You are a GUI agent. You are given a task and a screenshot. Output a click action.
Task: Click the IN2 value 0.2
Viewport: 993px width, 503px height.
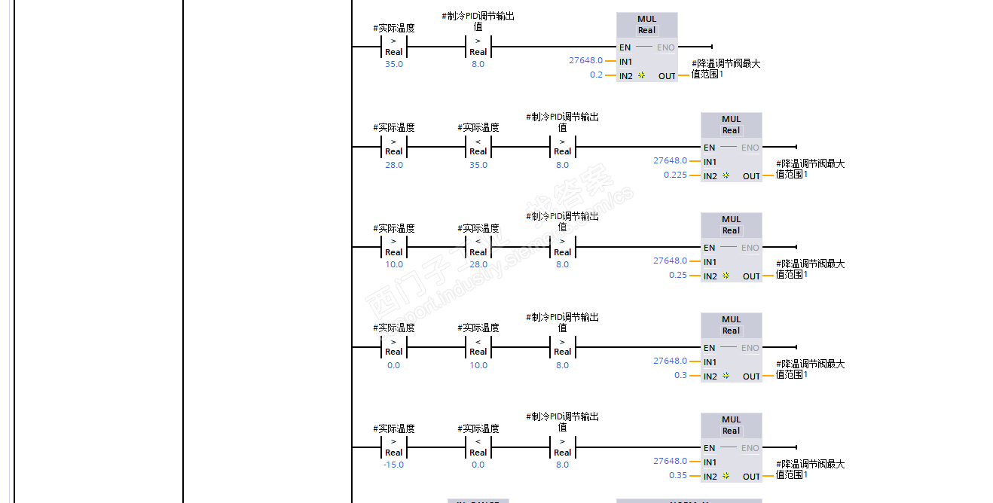[x=596, y=75]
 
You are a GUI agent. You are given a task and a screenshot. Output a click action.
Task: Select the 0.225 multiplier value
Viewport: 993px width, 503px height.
[x=675, y=175]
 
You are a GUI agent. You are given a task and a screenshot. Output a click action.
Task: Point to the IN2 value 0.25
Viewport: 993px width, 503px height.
[x=678, y=276]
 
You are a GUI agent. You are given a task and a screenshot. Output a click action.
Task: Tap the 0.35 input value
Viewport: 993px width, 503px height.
[x=678, y=476]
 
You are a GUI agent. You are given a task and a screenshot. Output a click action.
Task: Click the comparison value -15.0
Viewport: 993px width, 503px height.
[x=393, y=465]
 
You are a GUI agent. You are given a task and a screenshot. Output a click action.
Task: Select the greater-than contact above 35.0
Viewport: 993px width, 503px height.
[x=393, y=47]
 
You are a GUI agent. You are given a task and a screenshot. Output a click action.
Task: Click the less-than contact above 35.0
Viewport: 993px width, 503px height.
[x=478, y=147]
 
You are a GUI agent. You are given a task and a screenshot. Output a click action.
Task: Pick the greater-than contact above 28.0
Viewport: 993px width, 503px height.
[x=393, y=147]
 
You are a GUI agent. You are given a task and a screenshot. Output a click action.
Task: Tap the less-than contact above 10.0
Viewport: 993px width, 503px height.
[x=478, y=347]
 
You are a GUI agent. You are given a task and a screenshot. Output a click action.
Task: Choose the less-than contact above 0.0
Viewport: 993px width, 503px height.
[x=478, y=447]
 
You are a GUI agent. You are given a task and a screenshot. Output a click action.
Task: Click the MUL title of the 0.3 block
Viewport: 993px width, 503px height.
[x=731, y=319]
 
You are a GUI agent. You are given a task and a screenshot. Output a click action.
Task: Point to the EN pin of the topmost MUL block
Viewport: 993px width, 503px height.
[x=625, y=47]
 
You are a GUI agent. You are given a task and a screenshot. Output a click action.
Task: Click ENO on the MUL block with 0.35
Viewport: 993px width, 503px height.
[x=750, y=448]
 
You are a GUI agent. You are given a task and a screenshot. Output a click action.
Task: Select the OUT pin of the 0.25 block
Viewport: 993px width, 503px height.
[x=751, y=276]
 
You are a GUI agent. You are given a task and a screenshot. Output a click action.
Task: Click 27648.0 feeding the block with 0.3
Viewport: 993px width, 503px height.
[x=670, y=361]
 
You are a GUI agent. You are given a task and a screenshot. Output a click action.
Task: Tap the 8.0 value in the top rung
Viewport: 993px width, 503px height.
[x=478, y=65]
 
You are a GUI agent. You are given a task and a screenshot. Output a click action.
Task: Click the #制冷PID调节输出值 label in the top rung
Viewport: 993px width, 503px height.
[x=478, y=21]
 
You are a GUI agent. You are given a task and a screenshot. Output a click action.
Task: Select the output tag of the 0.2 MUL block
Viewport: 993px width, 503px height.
[x=726, y=69]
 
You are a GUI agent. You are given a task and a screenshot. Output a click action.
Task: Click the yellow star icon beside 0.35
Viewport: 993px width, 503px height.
[x=726, y=476]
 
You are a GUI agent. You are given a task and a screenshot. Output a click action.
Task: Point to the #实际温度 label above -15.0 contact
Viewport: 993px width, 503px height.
[x=393, y=429]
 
